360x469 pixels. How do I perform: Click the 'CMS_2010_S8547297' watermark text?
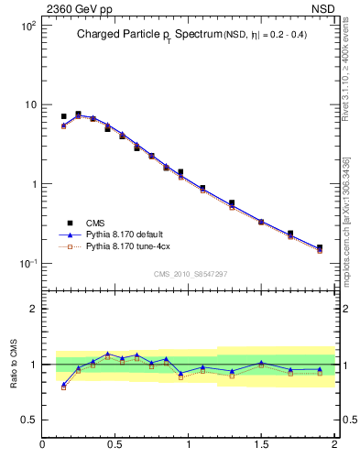(x=190, y=274)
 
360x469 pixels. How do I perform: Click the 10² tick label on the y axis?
(x=27, y=26)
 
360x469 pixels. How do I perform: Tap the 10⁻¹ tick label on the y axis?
(x=27, y=264)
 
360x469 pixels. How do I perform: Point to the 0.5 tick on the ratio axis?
(x=29, y=420)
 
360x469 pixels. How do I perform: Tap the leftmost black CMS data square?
(x=63, y=116)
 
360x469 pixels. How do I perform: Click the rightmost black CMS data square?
(x=320, y=247)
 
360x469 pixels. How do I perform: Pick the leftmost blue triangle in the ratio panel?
(x=63, y=385)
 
